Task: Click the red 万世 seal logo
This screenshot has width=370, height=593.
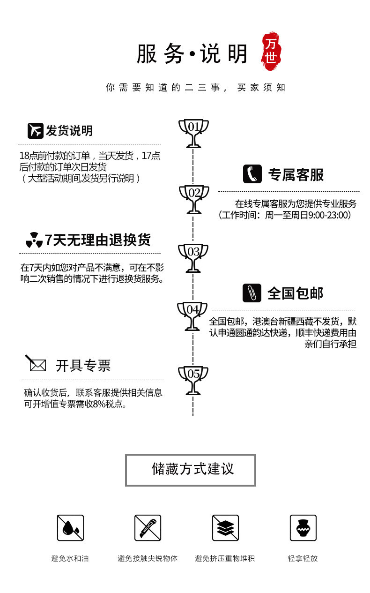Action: [x=271, y=50]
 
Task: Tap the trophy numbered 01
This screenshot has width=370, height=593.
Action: [x=193, y=133]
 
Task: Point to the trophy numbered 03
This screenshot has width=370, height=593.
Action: [x=193, y=257]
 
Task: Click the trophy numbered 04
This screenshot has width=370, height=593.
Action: [x=192, y=315]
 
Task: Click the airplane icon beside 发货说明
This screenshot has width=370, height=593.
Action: [x=35, y=131]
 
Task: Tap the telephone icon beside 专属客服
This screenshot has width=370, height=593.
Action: [x=252, y=174]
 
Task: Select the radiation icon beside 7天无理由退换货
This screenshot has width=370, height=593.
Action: [x=34, y=240]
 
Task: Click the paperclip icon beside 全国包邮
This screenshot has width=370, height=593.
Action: [x=252, y=293]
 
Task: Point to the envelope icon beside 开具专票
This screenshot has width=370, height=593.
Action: [x=36, y=364]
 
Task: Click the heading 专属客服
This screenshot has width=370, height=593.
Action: [x=296, y=175]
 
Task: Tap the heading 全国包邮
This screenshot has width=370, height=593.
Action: [x=296, y=293]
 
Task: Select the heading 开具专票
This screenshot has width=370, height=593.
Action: [x=83, y=366]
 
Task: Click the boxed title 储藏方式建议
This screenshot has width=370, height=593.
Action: [x=191, y=470]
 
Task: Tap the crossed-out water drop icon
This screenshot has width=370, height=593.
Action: [x=70, y=528]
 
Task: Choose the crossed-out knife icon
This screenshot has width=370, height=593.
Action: [x=148, y=528]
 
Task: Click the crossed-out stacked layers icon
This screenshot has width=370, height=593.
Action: [x=225, y=528]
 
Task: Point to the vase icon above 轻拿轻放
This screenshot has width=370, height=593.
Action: [x=303, y=528]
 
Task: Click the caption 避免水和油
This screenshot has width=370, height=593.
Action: [x=70, y=558]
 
